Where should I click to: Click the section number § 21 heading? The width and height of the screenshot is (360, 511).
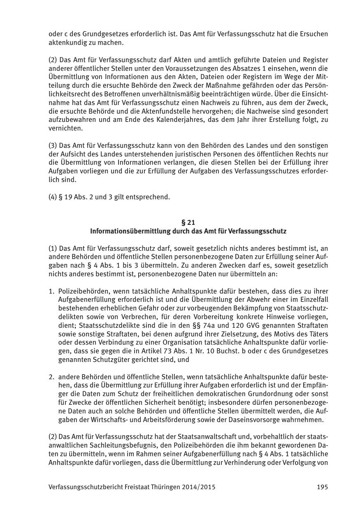(188, 222)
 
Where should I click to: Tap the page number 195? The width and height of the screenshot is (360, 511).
(322, 487)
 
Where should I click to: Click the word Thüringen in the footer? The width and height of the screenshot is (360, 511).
(165, 487)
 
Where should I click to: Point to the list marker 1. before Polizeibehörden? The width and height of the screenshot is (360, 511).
(51, 291)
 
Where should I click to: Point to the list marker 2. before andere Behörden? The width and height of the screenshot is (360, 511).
(51, 376)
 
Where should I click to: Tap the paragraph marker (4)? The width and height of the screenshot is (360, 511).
(53, 197)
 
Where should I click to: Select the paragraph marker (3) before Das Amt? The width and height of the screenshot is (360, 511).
(53, 145)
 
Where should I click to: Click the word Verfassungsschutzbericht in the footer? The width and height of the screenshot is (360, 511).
(85, 487)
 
